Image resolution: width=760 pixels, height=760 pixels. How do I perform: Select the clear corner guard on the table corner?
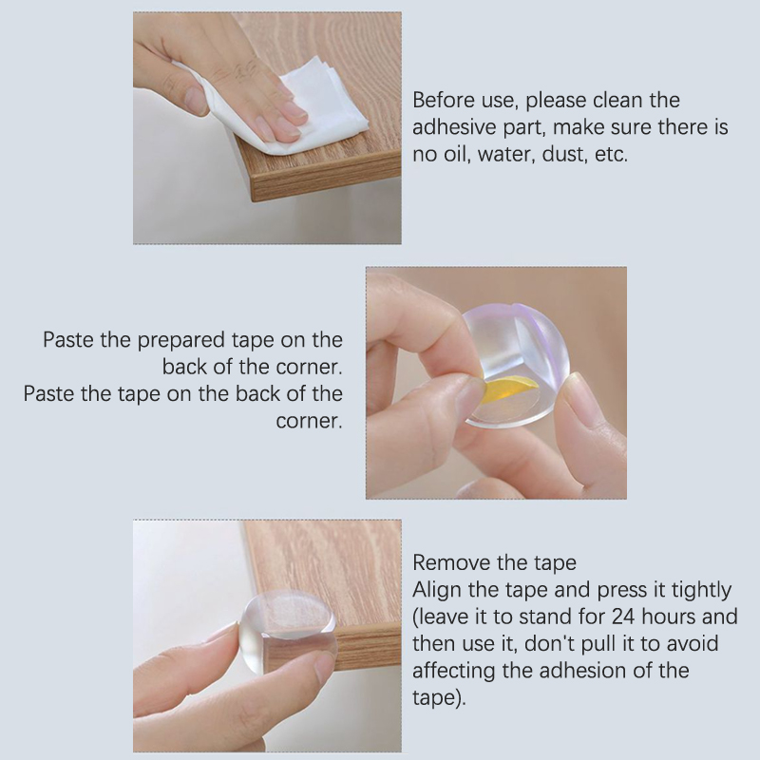coord(287,631)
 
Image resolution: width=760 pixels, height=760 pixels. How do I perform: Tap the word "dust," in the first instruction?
coord(562,154)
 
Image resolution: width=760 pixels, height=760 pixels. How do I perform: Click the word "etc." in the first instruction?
coord(611,154)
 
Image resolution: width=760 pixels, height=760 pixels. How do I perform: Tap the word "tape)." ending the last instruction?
coord(439,698)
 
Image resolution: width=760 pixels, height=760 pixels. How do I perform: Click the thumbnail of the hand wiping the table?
coord(267,128)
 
